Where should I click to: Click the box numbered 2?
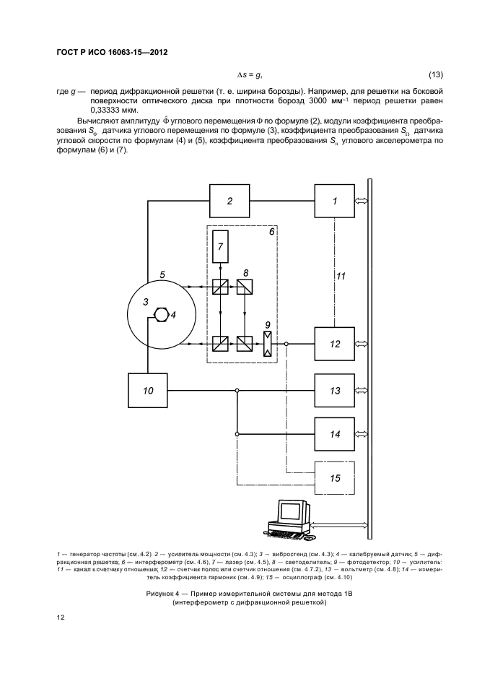click(x=229, y=201)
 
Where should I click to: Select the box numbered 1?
click(x=335, y=201)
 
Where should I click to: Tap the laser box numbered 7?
click(x=220, y=246)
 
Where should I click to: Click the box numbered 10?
click(x=148, y=391)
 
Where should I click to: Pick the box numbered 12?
click(x=335, y=344)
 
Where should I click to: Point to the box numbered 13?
click(x=335, y=391)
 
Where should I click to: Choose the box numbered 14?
click(x=335, y=434)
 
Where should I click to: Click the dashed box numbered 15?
click(x=335, y=477)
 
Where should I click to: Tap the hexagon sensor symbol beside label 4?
click(x=161, y=314)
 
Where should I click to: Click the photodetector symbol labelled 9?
click(x=268, y=344)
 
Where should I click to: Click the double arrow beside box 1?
click(x=361, y=201)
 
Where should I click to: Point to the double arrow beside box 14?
click(x=361, y=434)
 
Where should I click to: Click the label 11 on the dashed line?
click(x=341, y=276)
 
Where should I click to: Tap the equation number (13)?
click(x=436, y=74)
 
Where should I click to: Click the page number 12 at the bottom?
click(x=61, y=617)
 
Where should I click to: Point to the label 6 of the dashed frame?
click(x=271, y=232)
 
